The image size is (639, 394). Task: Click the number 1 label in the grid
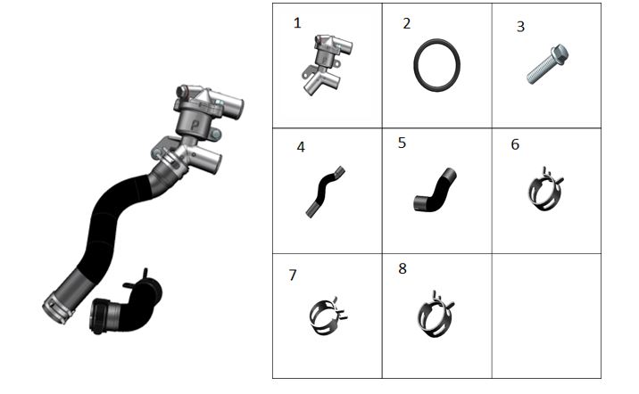[x=297, y=23]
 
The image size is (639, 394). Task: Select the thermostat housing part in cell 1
[x=326, y=64]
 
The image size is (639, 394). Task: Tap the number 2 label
[x=407, y=23]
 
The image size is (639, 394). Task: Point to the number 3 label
[x=520, y=27]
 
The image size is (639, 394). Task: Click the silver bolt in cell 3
[x=547, y=64]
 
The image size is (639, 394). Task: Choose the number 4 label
[x=301, y=147]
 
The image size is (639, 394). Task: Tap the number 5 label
[x=402, y=143]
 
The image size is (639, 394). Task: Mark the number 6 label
[x=515, y=144]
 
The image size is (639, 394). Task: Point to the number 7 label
[x=292, y=275]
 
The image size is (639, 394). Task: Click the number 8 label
[x=402, y=268]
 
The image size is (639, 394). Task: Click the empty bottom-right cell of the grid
[x=546, y=316]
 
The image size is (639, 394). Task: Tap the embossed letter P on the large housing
[x=195, y=124]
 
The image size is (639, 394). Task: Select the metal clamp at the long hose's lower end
[x=57, y=310]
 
